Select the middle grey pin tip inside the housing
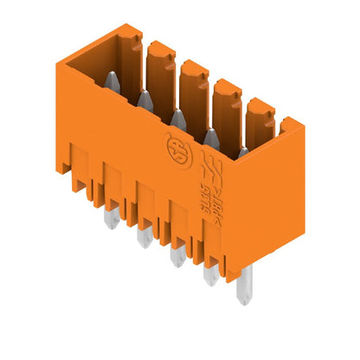(177, 118)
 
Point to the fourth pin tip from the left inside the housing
(209, 135)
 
